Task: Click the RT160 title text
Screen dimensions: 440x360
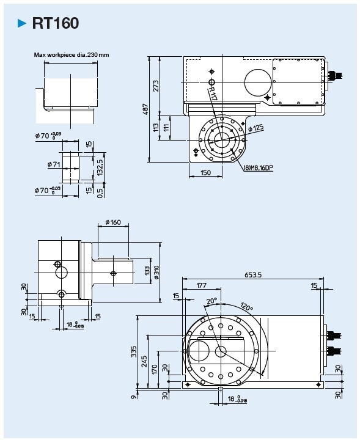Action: pyautogui.click(x=55, y=23)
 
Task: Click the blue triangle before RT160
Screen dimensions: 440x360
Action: pyautogui.click(x=23, y=24)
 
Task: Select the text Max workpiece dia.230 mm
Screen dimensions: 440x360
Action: pyautogui.click(x=72, y=55)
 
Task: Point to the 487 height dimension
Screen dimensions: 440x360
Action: pyautogui.click(x=146, y=109)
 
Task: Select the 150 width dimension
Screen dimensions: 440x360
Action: pyautogui.click(x=205, y=173)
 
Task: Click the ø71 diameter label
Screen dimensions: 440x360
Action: pyautogui.click(x=53, y=164)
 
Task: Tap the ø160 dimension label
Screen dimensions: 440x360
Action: pyautogui.click(x=112, y=222)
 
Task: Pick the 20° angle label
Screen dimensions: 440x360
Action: pyautogui.click(x=211, y=301)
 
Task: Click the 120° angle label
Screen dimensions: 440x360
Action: pyautogui.click(x=247, y=306)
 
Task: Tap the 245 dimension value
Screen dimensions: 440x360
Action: pyautogui.click(x=145, y=361)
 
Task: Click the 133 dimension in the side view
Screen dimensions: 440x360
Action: pyautogui.click(x=147, y=271)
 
